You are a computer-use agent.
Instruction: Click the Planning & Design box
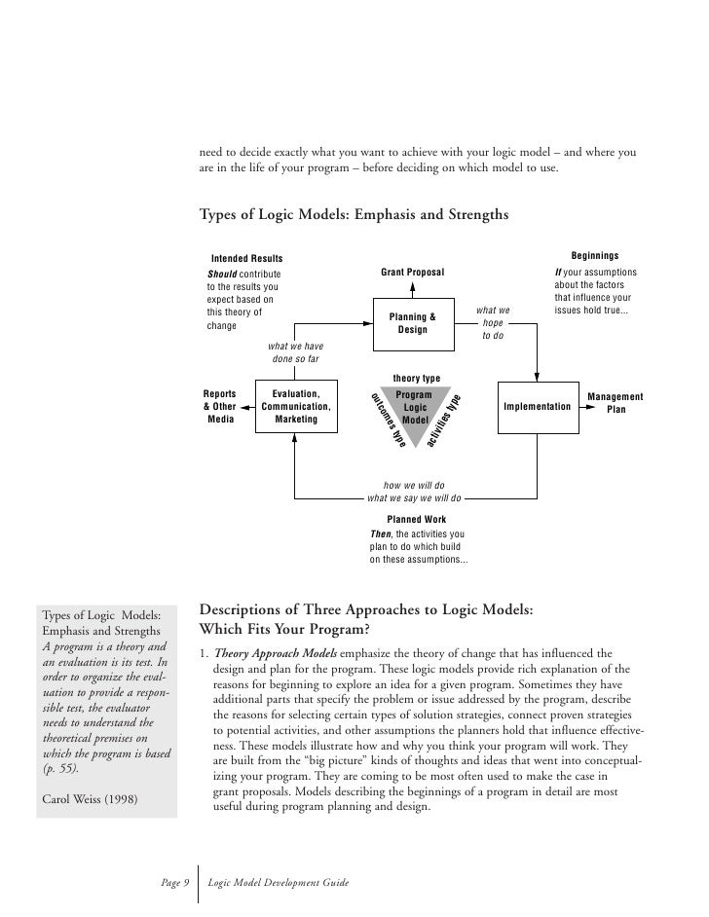coord(412,323)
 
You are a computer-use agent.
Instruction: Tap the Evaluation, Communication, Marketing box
coord(296,407)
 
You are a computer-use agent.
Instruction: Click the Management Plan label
coord(616,403)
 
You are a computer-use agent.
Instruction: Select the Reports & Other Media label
coord(219,406)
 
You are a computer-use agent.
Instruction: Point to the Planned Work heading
coord(416,520)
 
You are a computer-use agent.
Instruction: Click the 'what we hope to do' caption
coord(492,323)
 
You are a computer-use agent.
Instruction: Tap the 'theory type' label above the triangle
coord(416,378)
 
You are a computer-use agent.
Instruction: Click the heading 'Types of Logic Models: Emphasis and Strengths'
coord(353,214)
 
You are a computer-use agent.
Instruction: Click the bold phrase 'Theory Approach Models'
coord(274,653)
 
